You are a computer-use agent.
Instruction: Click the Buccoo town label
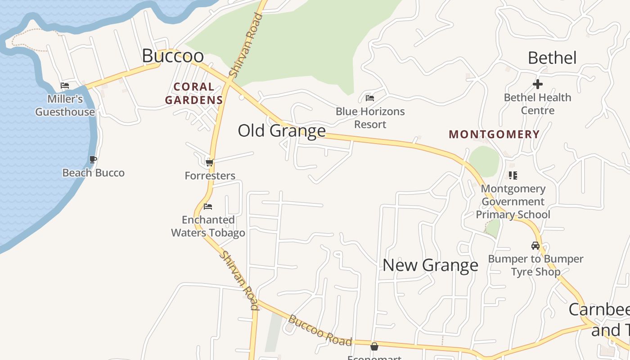pos(173,56)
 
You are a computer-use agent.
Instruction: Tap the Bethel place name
pos(552,58)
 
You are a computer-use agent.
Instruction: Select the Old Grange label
pos(282,130)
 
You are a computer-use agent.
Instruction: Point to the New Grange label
pos(430,265)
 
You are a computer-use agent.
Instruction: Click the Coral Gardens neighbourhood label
pos(194,93)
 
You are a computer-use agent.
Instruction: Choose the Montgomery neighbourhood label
pos(494,134)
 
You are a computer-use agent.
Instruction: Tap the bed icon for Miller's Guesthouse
pos(65,85)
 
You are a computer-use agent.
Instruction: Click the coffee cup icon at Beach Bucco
pos(93,159)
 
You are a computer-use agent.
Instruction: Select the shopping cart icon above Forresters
pos(209,162)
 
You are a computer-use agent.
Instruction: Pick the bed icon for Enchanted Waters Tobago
pos(208,207)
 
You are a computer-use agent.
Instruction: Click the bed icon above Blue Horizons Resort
pos(370,98)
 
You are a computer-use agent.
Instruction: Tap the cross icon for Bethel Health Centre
pos(537,84)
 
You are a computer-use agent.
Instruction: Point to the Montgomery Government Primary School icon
pos(513,175)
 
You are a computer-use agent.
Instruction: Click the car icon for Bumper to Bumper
pos(535,246)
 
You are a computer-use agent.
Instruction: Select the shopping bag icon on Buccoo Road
pos(374,346)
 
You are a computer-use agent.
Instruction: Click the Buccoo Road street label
pos(320,331)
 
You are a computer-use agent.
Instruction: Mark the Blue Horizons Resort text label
pos(370,118)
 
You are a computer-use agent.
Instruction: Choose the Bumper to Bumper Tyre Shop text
pos(535,265)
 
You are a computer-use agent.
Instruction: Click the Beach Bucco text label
pos(93,173)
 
